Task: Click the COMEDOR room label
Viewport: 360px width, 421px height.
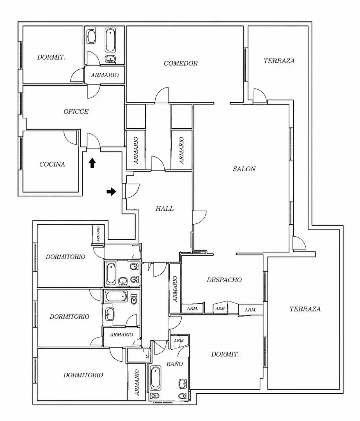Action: click(x=181, y=64)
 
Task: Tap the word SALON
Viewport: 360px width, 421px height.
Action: click(x=244, y=169)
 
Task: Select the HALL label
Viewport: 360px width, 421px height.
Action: click(x=165, y=209)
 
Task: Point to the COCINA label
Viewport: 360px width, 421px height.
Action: click(x=52, y=165)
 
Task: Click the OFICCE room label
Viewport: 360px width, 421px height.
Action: click(x=76, y=111)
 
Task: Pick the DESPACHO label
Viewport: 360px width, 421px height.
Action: click(x=224, y=280)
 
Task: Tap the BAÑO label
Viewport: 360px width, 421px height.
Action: click(x=174, y=364)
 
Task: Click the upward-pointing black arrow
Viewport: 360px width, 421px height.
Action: click(x=92, y=163)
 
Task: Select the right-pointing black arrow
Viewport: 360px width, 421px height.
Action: click(x=111, y=192)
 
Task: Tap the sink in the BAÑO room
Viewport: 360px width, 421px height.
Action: click(x=183, y=384)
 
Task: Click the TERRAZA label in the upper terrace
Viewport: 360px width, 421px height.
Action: click(x=279, y=61)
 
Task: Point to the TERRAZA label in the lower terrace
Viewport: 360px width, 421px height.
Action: click(x=305, y=309)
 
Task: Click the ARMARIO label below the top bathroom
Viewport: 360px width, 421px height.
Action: click(x=105, y=75)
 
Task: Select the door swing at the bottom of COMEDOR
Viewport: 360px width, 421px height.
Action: click(x=162, y=96)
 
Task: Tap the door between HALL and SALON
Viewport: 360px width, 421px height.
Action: click(x=199, y=218)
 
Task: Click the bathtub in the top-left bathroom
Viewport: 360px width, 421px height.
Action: click(x=110, y=40)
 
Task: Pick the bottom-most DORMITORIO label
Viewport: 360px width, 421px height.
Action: click(x=83, y=375)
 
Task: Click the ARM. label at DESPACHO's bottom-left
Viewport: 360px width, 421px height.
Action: click(x=192, y=309)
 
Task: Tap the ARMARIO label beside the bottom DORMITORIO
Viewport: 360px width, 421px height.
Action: click(x=137, y=382)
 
